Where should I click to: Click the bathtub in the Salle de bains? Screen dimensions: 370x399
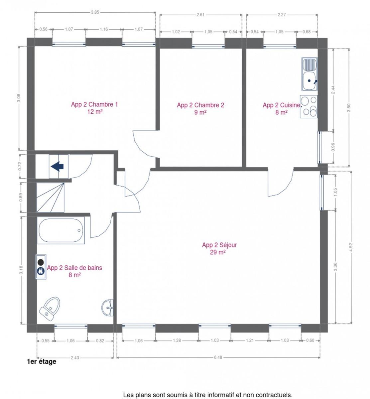coord(61,230)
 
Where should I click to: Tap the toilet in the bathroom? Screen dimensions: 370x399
coord(50,308)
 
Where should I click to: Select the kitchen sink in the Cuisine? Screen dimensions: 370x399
coord(309,74)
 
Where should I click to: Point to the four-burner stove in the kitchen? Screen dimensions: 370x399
coord(309,106)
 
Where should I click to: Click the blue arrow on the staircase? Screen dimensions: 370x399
coord(57,166)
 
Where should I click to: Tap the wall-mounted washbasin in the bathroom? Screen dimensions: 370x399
coord(108,308)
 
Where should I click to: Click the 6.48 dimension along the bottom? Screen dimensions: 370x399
coord(218,357)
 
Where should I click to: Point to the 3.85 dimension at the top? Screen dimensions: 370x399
coord(95,12)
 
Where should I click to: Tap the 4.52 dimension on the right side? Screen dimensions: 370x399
coord(351,247)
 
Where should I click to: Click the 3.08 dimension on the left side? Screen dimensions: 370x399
coord(19,98)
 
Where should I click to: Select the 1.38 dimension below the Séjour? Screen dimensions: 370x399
coord(177,340)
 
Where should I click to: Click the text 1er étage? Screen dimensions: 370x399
coord(42,362)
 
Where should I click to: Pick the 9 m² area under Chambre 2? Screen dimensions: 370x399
coord(200,112)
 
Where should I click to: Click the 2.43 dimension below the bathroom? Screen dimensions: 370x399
coord(75,358)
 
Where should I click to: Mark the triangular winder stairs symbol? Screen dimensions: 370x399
coord(50,197)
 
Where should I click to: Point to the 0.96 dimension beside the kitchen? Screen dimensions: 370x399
coord(333,147)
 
